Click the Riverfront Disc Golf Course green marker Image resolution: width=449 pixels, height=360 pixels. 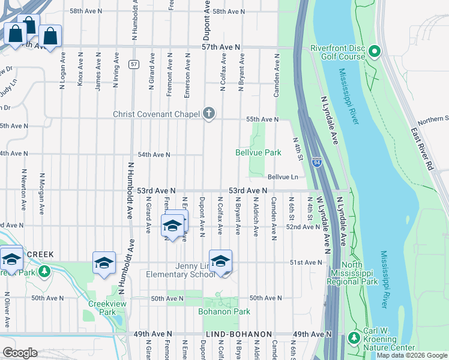(x=375, y=52)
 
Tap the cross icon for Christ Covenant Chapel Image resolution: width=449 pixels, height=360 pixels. (x=209, y=113)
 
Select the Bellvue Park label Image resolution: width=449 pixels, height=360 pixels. (x=258, y=153)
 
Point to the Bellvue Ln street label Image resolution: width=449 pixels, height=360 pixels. (x=283, y=177)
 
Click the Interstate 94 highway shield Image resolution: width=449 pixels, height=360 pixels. (x=316, y=161)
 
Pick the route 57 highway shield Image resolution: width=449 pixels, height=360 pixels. (x=134, y=64)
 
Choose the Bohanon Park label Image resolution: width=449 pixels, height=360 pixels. (x=224, y=311)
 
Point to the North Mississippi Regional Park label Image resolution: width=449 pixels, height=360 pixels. (x=352, y=273)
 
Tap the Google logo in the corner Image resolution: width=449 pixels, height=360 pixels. (x=20, y=353)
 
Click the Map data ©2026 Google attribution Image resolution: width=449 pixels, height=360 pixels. (x=412, y=356)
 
